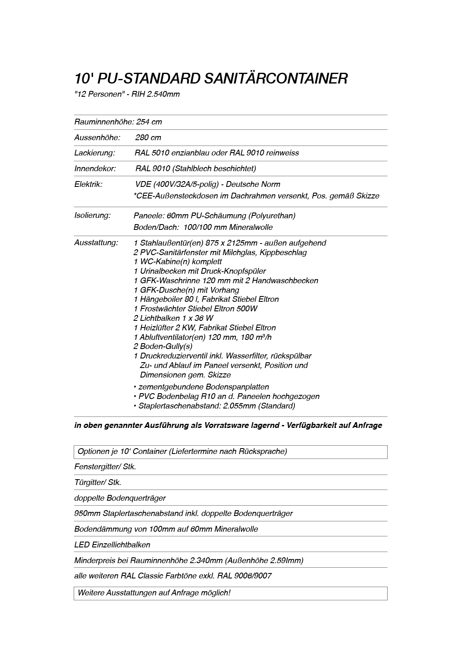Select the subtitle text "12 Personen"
98,94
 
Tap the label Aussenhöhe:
97,138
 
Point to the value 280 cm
148,138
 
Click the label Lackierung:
95,153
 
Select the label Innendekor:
95,169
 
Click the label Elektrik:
88,184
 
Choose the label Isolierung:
92,215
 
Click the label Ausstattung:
96,243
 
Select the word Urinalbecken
162,271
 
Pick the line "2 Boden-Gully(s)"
163,346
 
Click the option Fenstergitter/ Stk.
105,467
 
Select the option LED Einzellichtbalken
112,545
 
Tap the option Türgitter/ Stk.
98,482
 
